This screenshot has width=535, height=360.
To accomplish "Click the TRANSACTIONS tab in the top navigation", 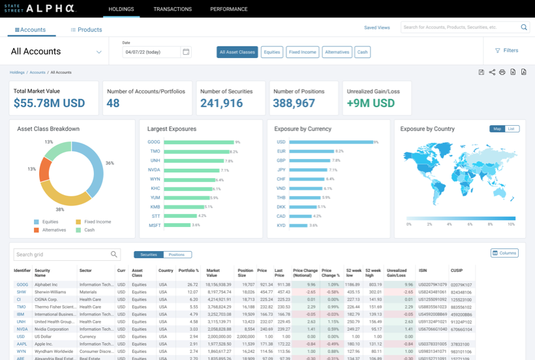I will pos(172,9).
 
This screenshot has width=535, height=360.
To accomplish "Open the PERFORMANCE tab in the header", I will pos(228,9).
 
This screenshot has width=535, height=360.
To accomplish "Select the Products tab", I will pos(86,29).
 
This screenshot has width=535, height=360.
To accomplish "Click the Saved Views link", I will pos(376,27).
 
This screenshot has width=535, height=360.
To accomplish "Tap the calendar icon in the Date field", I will pos(186,52).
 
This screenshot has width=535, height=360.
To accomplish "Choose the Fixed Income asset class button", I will pos(302,52).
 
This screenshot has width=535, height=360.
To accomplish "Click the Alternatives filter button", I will pos(337,52).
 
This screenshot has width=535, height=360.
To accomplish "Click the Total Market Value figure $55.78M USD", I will pos(49,103).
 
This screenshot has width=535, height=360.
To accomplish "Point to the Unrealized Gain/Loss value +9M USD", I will pos(371,103).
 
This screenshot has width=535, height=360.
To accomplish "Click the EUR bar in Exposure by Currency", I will pos(312,151).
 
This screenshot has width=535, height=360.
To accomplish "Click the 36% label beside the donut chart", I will pos(110,163).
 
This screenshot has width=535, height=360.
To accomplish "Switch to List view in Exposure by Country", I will pos(512,129).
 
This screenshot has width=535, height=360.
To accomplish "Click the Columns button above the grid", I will pos(504,253).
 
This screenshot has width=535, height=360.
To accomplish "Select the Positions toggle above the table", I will pos(177,254).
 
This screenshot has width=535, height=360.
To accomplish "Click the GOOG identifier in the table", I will pos(22,284).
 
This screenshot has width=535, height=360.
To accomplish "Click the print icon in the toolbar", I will pos(502,72).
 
